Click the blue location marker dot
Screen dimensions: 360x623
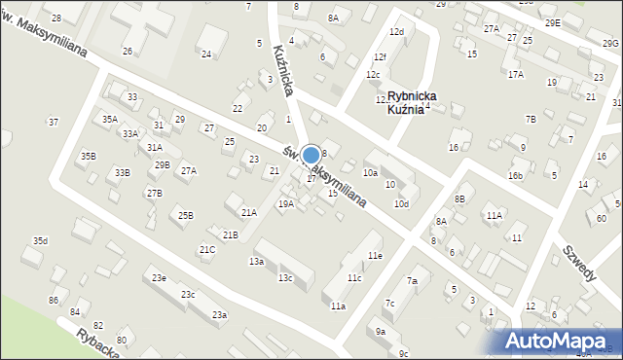[311, 156]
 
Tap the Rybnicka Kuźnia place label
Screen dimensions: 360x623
[412, 103]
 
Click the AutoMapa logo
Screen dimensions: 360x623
[561, 340]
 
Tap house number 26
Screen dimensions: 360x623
[128, 51]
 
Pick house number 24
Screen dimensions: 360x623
[206, 54]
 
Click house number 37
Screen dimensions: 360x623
[54, 122]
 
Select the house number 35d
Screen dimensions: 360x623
[40, 240]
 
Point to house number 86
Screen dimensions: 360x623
[54, 300]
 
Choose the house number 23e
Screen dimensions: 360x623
[158, 278]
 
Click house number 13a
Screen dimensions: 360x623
[256, 262]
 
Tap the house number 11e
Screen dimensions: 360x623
[375, 255]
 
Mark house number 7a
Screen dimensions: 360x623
[412, 281]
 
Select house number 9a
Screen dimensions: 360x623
[380, 331]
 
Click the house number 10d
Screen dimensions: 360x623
[401, 203]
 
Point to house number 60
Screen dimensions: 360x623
[602, 219]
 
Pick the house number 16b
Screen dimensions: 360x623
[515, 175]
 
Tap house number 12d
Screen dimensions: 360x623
[396, 32]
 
